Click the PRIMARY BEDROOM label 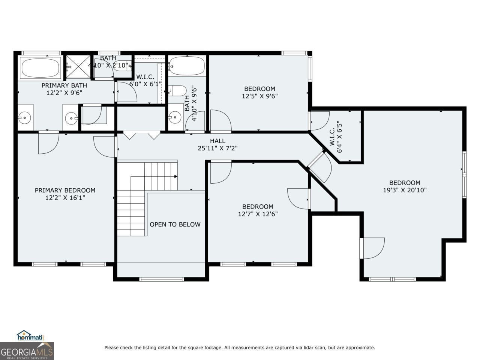pyautogui.click(x=65, y=190)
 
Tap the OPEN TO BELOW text pyautogui.click(x=175, y=225)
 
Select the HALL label pyautogui.click(x=217, y=141)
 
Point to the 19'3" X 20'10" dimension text pyautogui.click(x=405, y=190)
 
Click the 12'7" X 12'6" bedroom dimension pyautogui.click(x=258, y=214)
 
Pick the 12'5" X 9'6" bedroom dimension pyautogui.click(x=259, y=96)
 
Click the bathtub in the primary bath pyautogui.click(x=40, y=68)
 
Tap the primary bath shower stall pyautogui.click(x=78, y=66)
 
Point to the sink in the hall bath pyautogui.click(x=175, y=117)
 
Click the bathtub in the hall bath pyautogui.click(x=187, y=66)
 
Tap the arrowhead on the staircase pyautogui.click(x=176, y=176)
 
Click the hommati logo pyautogui.click(x=30, y=336)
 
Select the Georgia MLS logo pyautogui.click(x=27, y=351)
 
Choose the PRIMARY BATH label pyautogui.click(x=64, y=85)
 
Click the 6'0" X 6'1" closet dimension pyautogui.click(x=145, y=84)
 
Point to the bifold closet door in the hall pyautogui.click(x=142, y=135)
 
